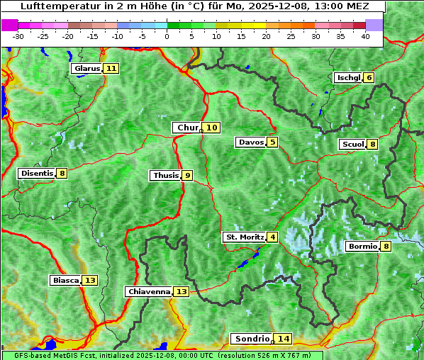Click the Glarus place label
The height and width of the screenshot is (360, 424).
pyautogui.click(x=87, y=69)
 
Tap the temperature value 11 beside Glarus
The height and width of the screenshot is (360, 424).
pyautogui.click(x=111, y=69)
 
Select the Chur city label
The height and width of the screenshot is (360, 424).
pyautogui.click(x=187, y=128)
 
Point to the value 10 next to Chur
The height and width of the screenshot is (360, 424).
pyautogui.click(x=212, y=128)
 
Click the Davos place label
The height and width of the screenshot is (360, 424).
pyautogui.click(x=251, y=142)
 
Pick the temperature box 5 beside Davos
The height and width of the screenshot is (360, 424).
pyautogui.click(x=273, y=142)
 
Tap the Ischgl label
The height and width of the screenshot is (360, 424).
pyautogui.click(x=348, y=78)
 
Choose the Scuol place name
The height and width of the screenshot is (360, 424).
pyautogui.click(x=352, y=145)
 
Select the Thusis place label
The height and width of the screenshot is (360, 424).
pyautogui.click(x=165, y=176)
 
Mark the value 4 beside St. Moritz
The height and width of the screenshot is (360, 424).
pyautogui.click(x=273, y=237)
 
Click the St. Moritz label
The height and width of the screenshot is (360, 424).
pyautogui.click(x=245, y=237)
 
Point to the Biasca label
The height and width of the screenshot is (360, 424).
pyautogui.click(x=66, y=281)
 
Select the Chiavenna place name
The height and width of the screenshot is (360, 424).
pyautogui.click(x=149, y=291)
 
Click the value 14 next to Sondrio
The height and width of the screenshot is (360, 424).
pyautogui.click(x=284, y=339)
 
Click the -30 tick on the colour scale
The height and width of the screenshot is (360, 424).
pyautogui.click(x=18, y=36)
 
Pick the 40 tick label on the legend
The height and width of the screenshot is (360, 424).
pyautogui.click(x=365, y=36)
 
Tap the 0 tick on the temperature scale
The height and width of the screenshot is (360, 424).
pyautogui.click(x=167, y=36)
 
